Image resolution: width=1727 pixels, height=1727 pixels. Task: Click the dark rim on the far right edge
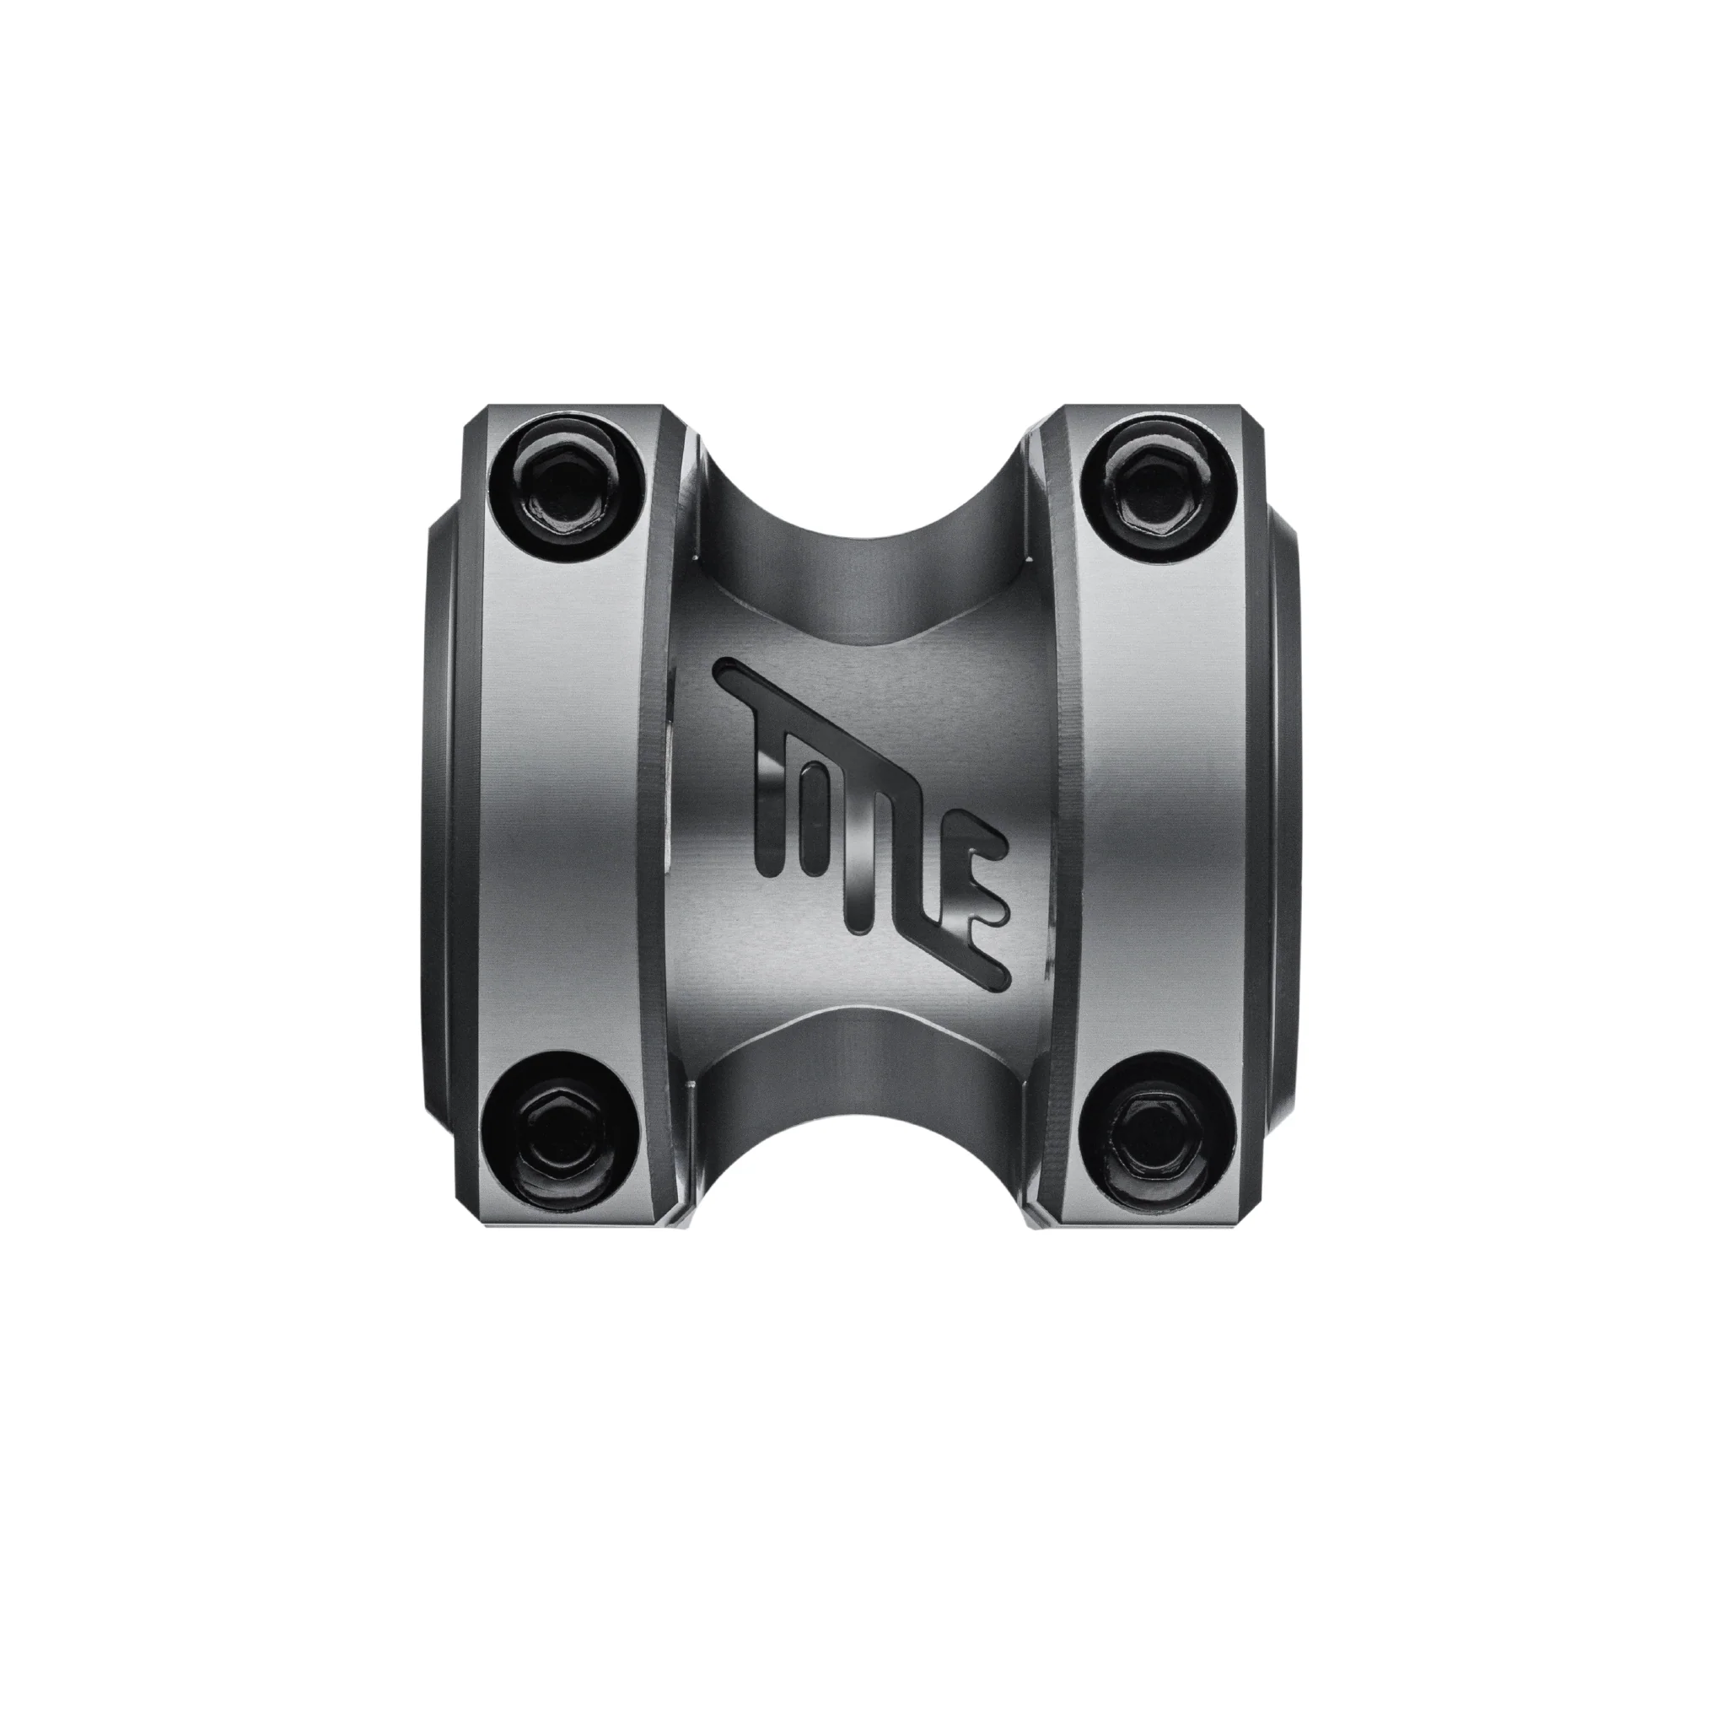[1283, 804]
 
